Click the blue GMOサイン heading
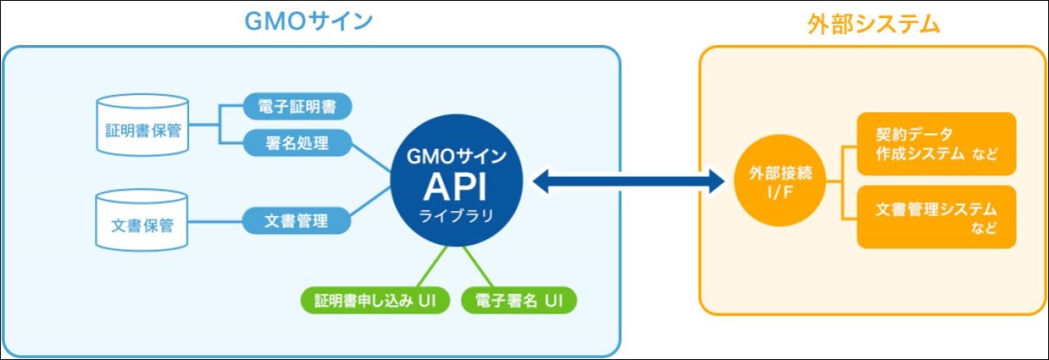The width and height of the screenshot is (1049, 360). [x=308, y=21]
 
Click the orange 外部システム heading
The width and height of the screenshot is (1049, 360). [x=873, y=24]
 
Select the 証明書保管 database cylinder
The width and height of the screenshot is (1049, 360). [x=142, y=124]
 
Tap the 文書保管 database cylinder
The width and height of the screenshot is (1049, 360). [x=142, y=220]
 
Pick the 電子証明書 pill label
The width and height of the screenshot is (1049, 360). [x=297, y=106]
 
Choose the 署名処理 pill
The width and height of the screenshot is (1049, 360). [x=297, y=143]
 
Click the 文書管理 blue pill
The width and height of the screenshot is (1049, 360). [x=296, y=220]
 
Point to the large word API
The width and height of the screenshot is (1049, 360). [x=455, y=187]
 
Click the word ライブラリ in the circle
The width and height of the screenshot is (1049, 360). [x=456, y=216]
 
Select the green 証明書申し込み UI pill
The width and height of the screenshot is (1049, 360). [x=375, y=300]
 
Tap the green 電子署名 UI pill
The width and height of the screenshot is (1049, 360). [x=519, y=300]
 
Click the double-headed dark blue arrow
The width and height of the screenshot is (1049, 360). [x=628, y=182]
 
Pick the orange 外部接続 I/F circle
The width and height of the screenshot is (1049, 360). [x=780, y=181]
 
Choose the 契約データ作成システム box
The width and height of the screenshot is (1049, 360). [x=937, y=144]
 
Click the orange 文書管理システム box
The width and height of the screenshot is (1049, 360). [x=937, y=217]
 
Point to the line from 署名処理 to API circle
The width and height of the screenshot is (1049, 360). [x=371, y=158]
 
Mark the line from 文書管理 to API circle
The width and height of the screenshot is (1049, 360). [x=371, y=202]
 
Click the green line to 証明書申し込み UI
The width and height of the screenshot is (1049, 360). [x=432, y=267]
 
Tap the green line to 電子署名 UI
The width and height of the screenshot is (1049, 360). [x=478, y=267]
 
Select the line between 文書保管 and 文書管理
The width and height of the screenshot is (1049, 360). [x=215, y=221]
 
